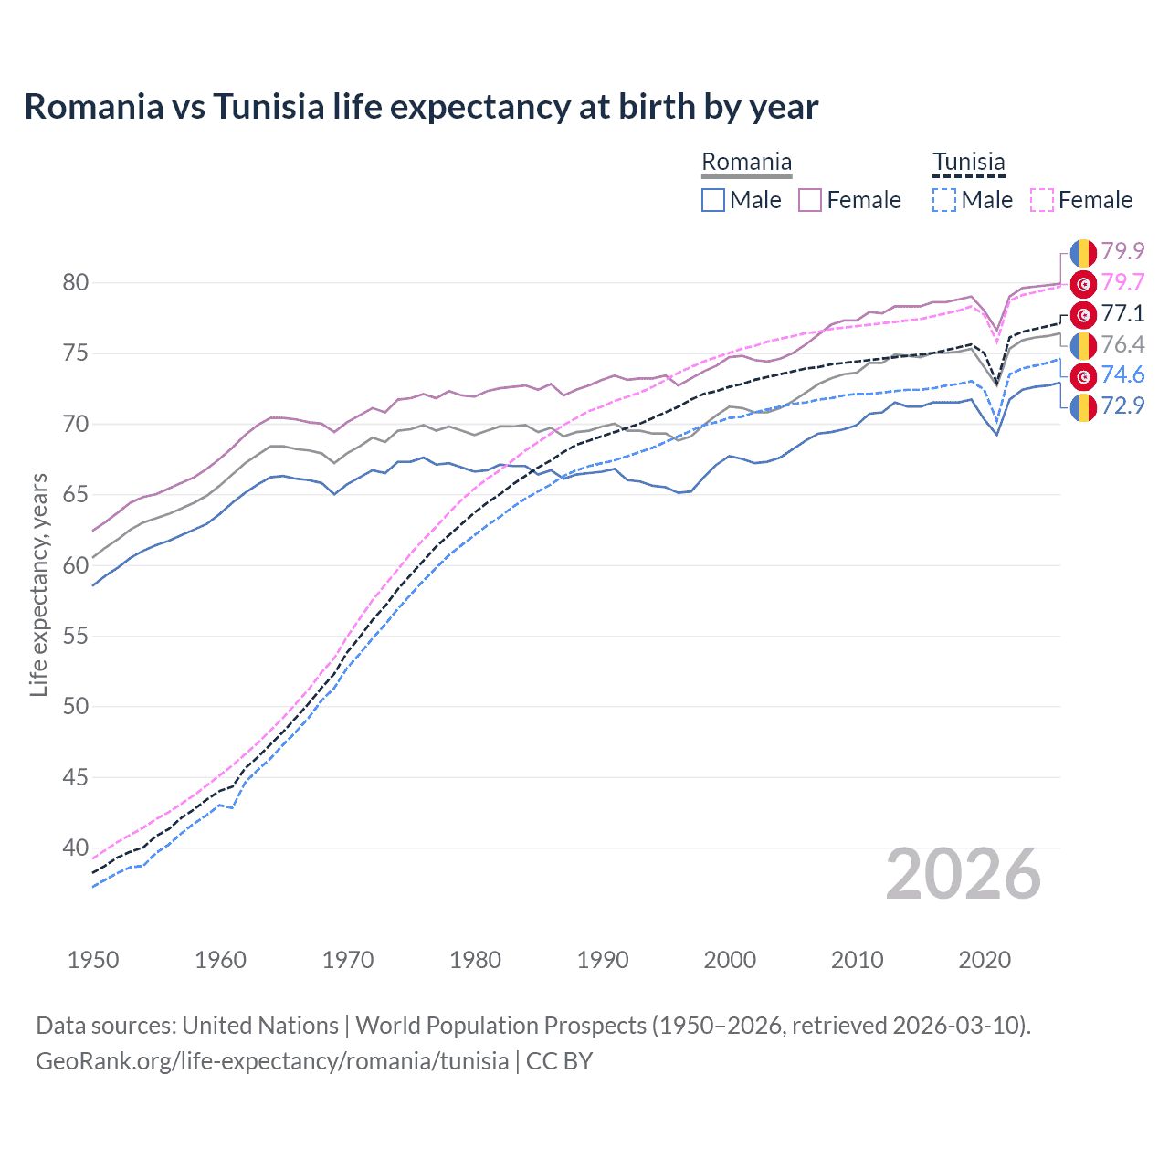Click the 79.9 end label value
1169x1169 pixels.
1122,251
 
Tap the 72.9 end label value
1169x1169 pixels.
1122,405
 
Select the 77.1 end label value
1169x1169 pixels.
1122,313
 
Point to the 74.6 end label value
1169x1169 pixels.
1122,374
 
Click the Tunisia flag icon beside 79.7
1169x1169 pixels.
1083,284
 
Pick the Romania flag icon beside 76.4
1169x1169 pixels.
1083,345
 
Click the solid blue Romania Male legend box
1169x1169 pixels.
713,200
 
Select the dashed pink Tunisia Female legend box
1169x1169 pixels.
1042,200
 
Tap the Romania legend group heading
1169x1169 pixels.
746,163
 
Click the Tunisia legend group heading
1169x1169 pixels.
968,163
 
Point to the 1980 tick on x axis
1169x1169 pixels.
475,960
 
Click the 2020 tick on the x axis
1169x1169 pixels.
985,960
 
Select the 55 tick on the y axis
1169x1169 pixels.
76,636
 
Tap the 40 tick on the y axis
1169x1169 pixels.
76,848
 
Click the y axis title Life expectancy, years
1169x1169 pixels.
38,584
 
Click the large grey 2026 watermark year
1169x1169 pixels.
963,875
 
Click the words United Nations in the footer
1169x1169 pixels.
260,1026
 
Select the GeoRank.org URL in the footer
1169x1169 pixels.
272,1061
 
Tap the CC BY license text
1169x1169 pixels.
560,1061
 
